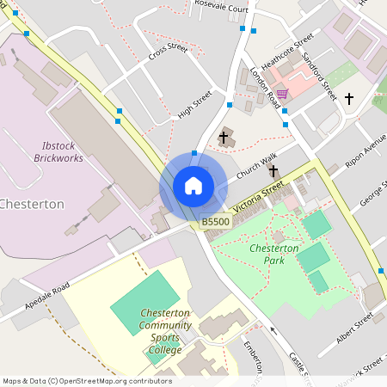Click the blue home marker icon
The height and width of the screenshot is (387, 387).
[x=193, y=186]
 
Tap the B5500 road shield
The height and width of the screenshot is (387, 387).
[x=216, y=222]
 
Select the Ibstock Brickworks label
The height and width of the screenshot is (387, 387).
[x=60, y=152]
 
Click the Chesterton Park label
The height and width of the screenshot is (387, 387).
[x=273, y=253]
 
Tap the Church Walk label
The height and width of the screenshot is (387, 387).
[x=257, y=166]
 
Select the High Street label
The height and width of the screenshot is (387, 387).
[x=194, y=105]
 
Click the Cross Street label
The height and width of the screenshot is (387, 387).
[x=168, y=52]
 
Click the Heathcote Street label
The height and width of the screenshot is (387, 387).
[x=287, y=52]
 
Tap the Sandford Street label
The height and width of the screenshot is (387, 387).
[x=318, y=73]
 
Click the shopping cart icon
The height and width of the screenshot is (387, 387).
[x=282, y=94]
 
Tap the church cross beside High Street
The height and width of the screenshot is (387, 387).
[x=224, y=137]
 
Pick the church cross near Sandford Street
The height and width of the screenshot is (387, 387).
[x=349, y=99]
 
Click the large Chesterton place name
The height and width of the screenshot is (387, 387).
[x=32, y=205]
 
